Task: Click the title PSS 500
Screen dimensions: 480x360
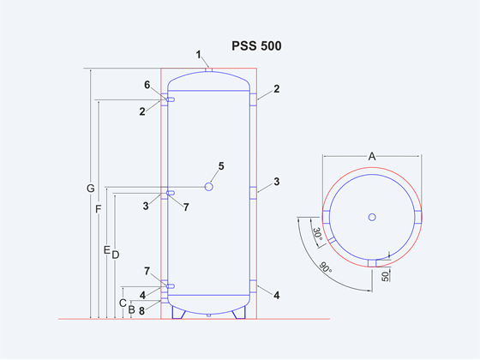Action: pyautogui.click(x=256, y=46)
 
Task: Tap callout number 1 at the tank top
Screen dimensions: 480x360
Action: pyautogui.click(x=199, y=55)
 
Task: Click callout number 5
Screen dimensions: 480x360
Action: pyautogui.click(x=221, y=166)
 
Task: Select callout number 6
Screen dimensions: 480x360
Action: pyautogui.click(x=147, y=85)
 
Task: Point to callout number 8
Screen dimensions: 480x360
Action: pyautogui.click(x=141, y=311)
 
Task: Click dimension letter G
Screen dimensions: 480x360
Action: pyautogui.click(x=90, y=189)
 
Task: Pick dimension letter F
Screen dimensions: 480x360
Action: pyautogui.click(x=98, y=209)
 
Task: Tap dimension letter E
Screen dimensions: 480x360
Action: pyautogui.click(x=106, y=250)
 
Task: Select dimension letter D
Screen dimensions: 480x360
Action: pyautogui.click(x=116, y=255)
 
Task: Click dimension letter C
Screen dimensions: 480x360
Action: pyautogui.click(x=123, y=303)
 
